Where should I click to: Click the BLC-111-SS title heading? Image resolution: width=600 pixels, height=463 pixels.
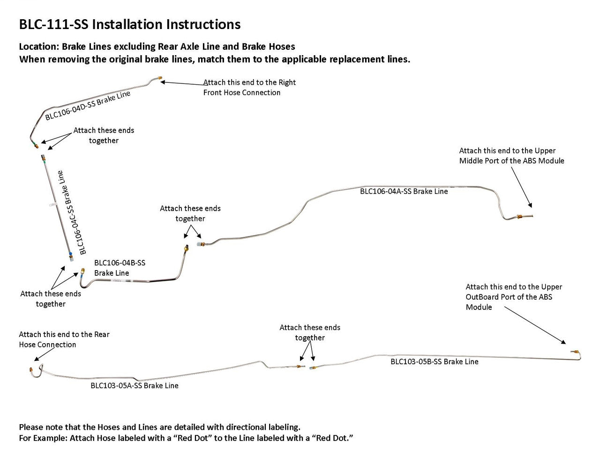(129, 24)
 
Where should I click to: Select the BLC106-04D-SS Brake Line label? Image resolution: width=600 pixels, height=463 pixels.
(88, 106)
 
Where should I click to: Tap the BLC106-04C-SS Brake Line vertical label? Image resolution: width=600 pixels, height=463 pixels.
(70, 212)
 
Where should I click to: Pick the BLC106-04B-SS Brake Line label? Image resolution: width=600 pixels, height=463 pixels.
(120, 268)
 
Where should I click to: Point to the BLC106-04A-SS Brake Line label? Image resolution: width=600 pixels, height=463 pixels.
(404, 191)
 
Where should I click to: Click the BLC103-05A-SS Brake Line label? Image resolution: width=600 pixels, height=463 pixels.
(134, 386)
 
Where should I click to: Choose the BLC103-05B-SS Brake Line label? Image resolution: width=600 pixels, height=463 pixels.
(434, 361)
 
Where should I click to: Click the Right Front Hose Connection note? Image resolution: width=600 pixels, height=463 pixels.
(249, 88)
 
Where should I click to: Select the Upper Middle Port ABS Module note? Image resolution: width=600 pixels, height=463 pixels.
(511, 155)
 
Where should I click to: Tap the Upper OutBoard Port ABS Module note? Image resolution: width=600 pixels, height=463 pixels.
(514, 297)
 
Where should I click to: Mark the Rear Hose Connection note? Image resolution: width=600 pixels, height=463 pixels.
(64, 339)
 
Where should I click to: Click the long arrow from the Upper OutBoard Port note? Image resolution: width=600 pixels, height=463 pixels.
(534, 326)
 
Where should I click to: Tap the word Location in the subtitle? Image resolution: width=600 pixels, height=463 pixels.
(38, 46)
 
